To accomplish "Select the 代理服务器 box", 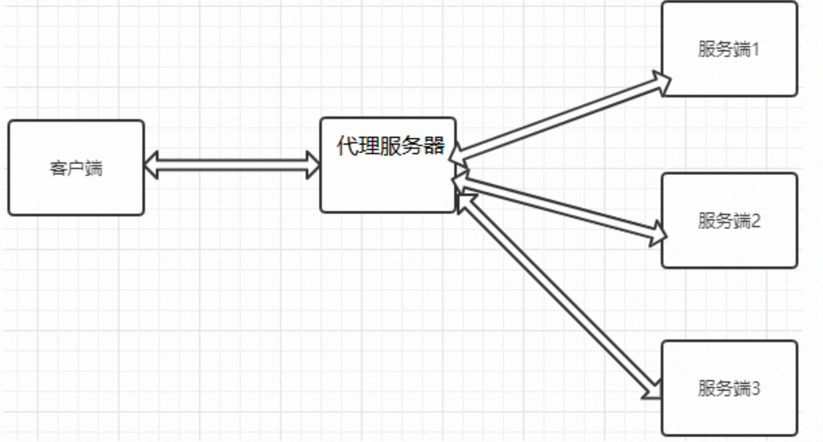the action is pyautogui.click(x=388, y=182).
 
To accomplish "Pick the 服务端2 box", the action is pyautogui.click(x=729, y=245).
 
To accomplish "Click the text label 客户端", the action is pyautogui.click(x=76, y=168).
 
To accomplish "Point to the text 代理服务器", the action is pyautogui.click(x=391, y=145).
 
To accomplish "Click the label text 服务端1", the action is pyautogui.click(x=729, y=50).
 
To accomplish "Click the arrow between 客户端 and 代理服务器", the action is pyautogui.click(x=232, y=165).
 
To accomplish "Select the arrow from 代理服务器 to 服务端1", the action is pyautogui.click(x=560, y=118).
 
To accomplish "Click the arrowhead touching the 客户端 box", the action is pyautogui.click(x=151, y=165).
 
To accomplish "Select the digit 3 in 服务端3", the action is pyautogui.click(x=756, y=388).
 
